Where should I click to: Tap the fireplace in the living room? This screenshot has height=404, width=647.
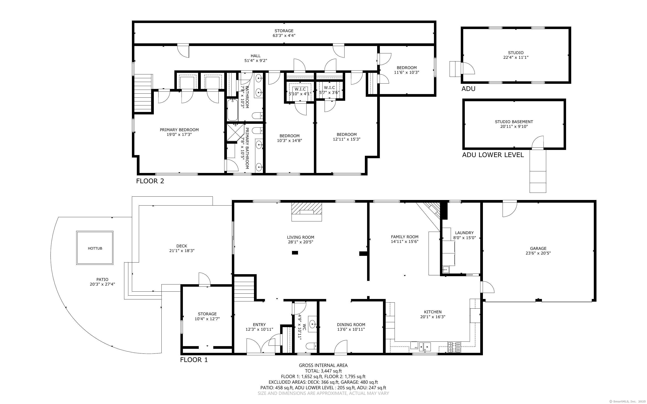307,212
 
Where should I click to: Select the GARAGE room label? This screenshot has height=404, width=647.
538,248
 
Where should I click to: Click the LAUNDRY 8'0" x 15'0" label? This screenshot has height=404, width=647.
464,235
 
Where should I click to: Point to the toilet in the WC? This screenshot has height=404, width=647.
312,346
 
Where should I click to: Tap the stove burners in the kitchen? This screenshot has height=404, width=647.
454,347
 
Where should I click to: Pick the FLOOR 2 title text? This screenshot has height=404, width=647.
150,181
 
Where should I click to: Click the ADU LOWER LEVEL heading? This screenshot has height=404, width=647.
493,155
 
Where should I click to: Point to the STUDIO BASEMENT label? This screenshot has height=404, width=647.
514,122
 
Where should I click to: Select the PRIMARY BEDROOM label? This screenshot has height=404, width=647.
179,130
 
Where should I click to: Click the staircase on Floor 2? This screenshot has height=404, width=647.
143,93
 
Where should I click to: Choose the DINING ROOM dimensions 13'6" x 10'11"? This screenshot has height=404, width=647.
351,329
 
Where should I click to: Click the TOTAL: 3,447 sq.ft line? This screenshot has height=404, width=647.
323,371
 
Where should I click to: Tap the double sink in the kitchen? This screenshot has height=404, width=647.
425,347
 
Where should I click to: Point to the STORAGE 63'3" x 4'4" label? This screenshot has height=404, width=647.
284,33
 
